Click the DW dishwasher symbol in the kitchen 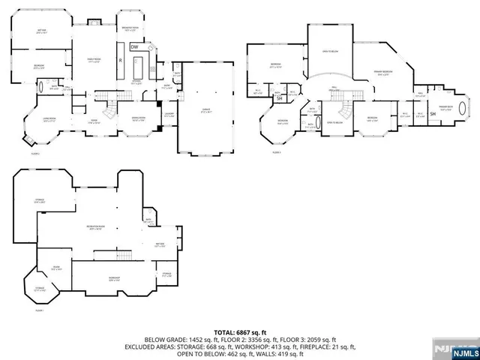pos(135,47)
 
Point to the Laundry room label pos(169,115)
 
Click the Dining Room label pos(138,118)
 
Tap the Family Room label pos(95,59)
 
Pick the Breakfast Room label pos(131,28)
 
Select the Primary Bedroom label pos(383,73)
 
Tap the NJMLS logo pos(463,351)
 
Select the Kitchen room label pos(137,82)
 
